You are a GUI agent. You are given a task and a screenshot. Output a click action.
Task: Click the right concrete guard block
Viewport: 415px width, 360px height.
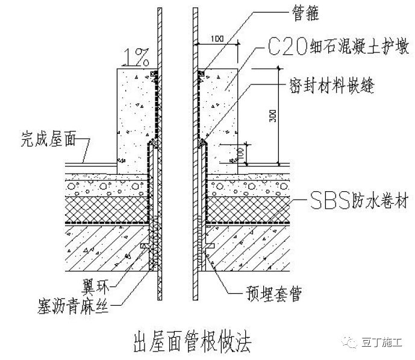pyautogui.click(x=221, y=115)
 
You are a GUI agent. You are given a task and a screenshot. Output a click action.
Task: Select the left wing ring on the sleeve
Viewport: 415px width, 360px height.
pyautogui.click(x=145, y=247)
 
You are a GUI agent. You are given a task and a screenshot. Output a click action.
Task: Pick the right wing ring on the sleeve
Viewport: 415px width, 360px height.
pyautogui.click(x=210, y=247)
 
